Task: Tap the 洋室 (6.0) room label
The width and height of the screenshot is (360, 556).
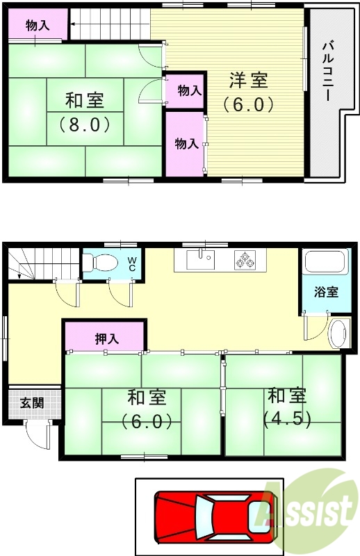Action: click(x=248, y=92)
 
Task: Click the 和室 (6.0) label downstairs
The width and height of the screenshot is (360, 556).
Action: click(x=146, y=409)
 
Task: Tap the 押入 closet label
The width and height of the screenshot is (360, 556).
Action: click(x=106, y=339)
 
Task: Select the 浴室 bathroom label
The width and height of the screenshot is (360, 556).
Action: click(x=325, y=292)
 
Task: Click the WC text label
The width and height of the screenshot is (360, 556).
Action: click(x=131, y=264)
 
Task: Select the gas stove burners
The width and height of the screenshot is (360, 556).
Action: click(x=244, y=261)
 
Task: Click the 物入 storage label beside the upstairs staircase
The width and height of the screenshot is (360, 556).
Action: click(x=37, y=26)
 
